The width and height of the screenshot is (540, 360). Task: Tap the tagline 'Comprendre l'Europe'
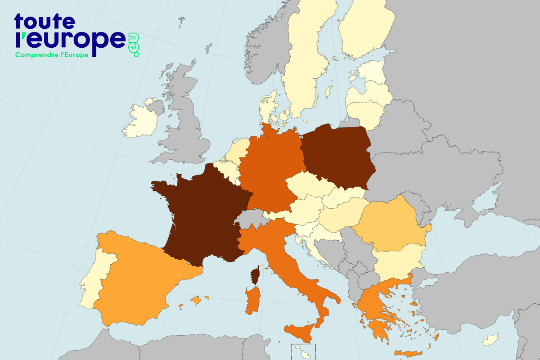pos(51,55)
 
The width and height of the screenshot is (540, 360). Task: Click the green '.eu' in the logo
pos(134,45)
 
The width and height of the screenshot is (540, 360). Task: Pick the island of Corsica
pos(255,275)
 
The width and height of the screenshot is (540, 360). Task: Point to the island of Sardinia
pos(252,301)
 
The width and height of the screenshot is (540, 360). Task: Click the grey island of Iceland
pos(182,20)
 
